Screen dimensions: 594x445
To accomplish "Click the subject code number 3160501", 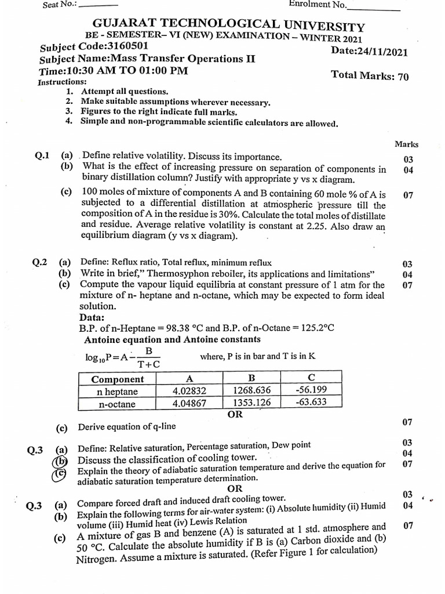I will (x=119, y=47).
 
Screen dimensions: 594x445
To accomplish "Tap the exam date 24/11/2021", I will (x=384, y=52).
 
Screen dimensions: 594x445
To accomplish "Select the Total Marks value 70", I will (x=402, y=77).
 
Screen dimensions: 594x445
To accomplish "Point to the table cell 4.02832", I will (x=189, y=391).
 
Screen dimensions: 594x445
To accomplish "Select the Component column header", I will (x=118, y=379).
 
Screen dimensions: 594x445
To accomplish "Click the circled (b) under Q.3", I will (x=60, y=461).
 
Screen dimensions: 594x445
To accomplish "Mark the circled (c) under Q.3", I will (x=60, y=473).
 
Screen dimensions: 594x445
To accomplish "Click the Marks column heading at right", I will (x=406, y=144).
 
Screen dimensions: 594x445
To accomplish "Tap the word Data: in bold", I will (x=92, y=317).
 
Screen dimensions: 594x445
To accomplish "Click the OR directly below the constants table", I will (x=235, y=415).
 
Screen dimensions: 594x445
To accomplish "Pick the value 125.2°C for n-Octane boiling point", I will (x=316, y=328).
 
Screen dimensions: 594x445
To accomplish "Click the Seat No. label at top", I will (x=60, y=5).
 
